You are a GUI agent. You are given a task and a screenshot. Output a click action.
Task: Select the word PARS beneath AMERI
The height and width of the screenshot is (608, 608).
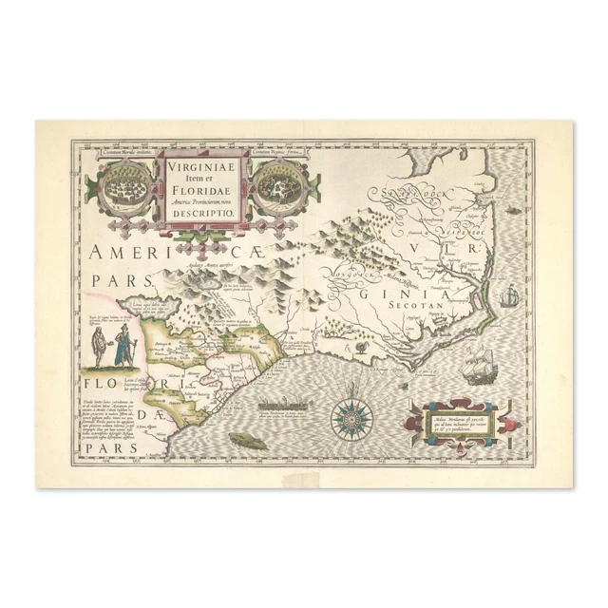(124, 282)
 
